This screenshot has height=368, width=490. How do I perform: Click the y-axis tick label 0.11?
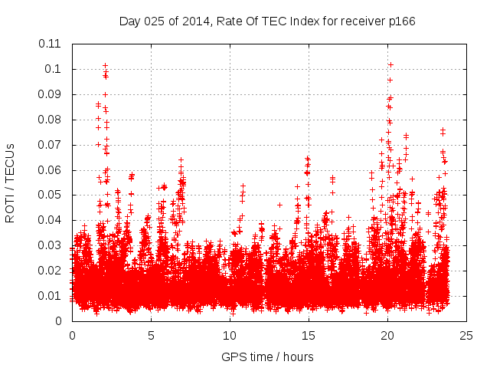coord(52,44)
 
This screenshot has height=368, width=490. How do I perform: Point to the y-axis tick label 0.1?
coord(55,69)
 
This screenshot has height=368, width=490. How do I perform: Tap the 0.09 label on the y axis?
coord(52,94)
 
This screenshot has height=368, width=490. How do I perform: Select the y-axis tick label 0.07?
coord(52,145)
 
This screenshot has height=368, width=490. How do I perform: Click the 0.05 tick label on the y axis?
coord(52,195)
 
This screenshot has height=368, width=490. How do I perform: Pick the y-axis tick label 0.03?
coord(52,245)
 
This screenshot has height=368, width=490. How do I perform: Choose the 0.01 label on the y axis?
coord(52,296)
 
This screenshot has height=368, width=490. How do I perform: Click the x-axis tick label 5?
coord(151,335)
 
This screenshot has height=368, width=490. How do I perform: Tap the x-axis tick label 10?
coord(230,335)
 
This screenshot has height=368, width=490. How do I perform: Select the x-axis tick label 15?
coord(309,335)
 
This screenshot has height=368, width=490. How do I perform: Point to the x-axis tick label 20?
coord(387,335)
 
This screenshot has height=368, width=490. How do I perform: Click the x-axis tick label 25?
coord(466,335)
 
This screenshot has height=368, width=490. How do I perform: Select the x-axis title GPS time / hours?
coord(269,356)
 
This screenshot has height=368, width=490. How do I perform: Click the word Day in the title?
coord(129,21)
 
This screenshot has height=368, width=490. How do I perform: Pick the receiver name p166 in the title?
coord(400,21)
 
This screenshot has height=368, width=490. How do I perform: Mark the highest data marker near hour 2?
coord(105,66)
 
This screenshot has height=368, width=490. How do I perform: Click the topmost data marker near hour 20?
coord(390,64)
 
